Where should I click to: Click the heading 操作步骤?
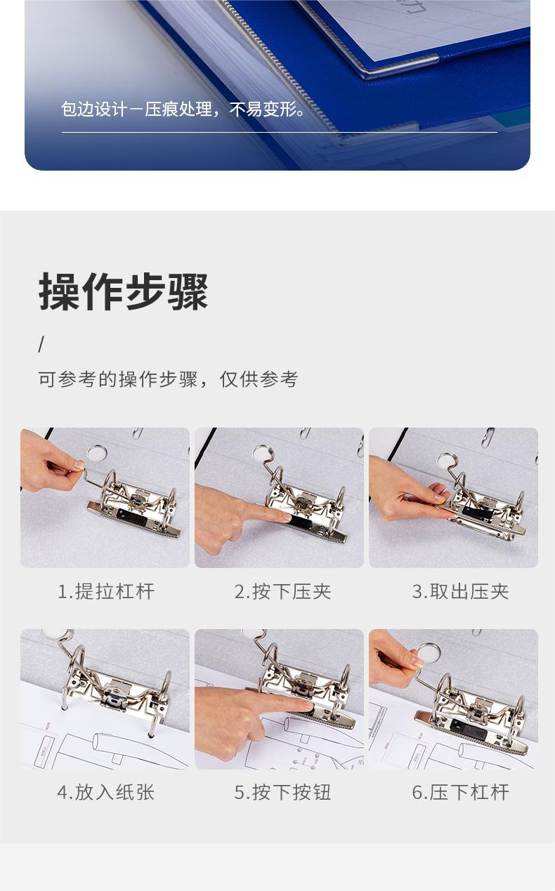click(x=123, y=291)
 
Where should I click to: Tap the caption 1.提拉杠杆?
click(x=106, y=591)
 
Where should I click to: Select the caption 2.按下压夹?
click(x=282, y=591)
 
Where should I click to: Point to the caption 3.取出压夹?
click(x=460, y=591)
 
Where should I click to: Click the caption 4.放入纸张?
click(x=106, y=792)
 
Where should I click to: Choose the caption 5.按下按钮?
click(x=282, y=792)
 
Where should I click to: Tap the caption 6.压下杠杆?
click(x=460, y=792)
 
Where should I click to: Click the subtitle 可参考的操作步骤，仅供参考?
click(x=168, y=379)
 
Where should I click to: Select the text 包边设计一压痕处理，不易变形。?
click(x=183, y=109)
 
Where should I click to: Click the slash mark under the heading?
click(x=41, y=345)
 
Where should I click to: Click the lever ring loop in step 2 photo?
click(x=263, y=454)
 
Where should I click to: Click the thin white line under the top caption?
click(x=280, y=132)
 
